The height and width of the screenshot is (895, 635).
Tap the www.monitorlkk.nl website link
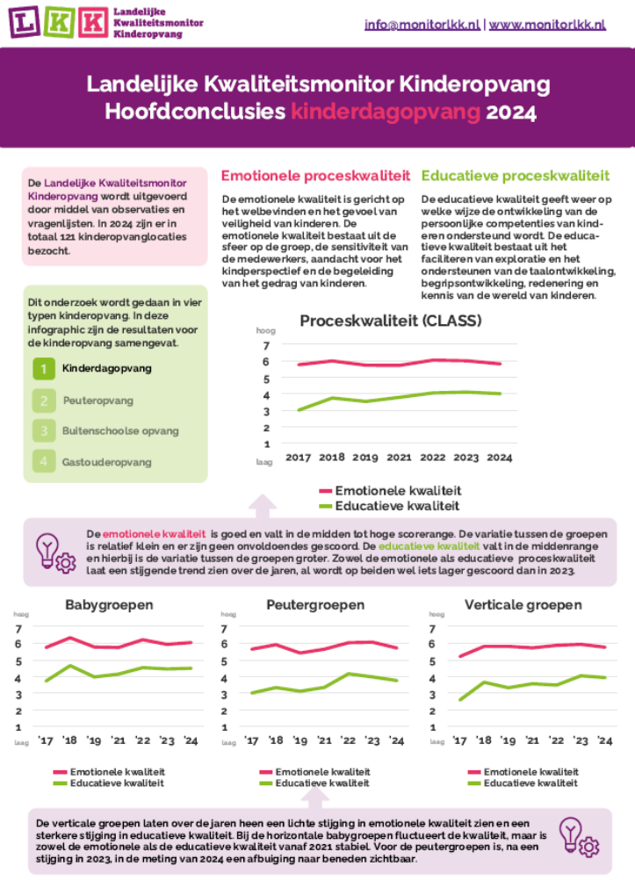tap(547, 25)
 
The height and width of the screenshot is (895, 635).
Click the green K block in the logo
tap(57, 21)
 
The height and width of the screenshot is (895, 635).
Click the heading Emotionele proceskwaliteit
tap(315, 176)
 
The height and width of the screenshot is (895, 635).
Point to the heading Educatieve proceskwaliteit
tap(516, 176)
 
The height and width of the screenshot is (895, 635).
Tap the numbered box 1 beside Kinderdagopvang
tap(43, 370)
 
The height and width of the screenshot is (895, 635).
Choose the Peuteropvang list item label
tap(98, 401)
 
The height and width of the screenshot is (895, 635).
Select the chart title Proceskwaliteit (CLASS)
tap(391, 321)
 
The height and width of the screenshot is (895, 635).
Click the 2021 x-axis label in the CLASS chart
tap(399, 458)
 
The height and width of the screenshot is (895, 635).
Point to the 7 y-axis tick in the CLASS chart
tap(266, 345)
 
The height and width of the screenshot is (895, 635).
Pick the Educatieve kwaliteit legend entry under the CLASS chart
tap(398, 506)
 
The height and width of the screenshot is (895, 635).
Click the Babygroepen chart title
tap(110, 605)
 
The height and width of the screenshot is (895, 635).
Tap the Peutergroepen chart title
tap(315, 605)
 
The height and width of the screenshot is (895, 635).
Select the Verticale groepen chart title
tap(523, 605)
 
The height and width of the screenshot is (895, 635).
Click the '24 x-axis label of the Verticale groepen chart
tap(604, 741)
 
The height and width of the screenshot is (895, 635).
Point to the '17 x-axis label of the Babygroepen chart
tap(45, 741)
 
